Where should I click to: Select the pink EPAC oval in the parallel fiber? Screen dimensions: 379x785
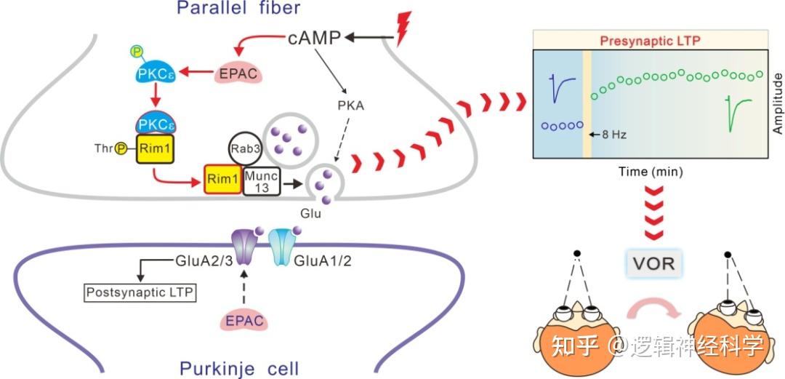coord(235,73)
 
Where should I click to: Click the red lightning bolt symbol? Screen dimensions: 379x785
coord(403,29)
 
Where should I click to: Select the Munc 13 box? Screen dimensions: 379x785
coord(260,179)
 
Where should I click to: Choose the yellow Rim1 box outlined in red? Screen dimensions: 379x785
coord(220,179)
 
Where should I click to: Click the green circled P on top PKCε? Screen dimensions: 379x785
coord(136,52)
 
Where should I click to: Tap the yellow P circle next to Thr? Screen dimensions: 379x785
coord(122,148)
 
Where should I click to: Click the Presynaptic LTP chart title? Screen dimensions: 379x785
coord(650,41)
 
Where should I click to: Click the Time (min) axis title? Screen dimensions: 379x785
coord(651,172)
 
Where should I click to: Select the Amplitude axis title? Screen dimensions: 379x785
coord(777,103)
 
